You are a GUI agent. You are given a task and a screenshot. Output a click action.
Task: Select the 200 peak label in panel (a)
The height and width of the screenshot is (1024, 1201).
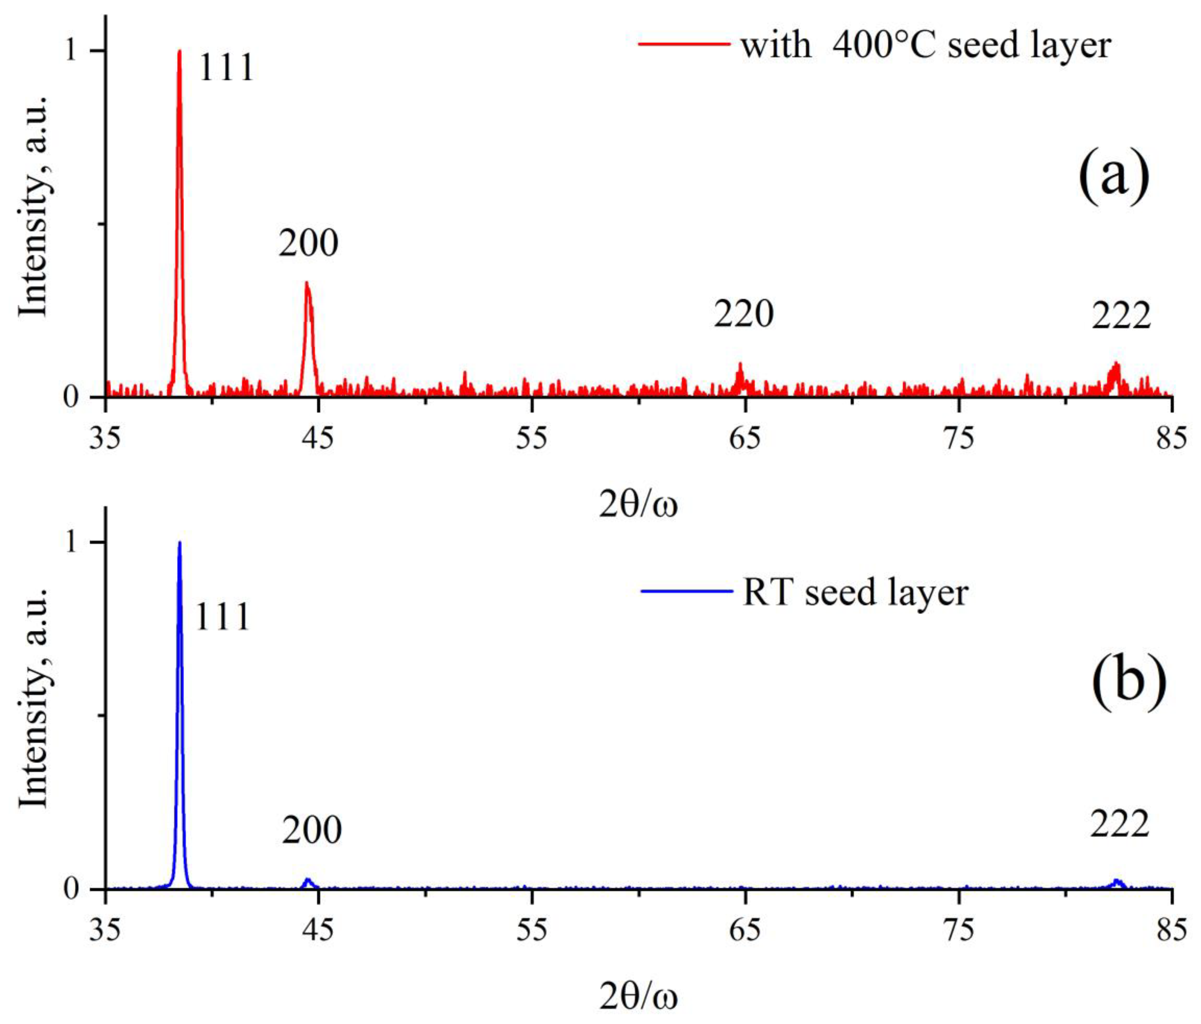point(308,243)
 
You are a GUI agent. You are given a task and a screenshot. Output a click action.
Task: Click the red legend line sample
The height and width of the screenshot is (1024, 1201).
point(684,43)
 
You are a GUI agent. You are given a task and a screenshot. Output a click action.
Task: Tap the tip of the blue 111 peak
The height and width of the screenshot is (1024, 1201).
point(180,543)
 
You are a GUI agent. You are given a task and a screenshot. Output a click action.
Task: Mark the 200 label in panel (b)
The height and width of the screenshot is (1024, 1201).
point(312,830)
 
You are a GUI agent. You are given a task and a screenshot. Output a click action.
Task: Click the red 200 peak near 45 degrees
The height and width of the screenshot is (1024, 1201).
point(307,284)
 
